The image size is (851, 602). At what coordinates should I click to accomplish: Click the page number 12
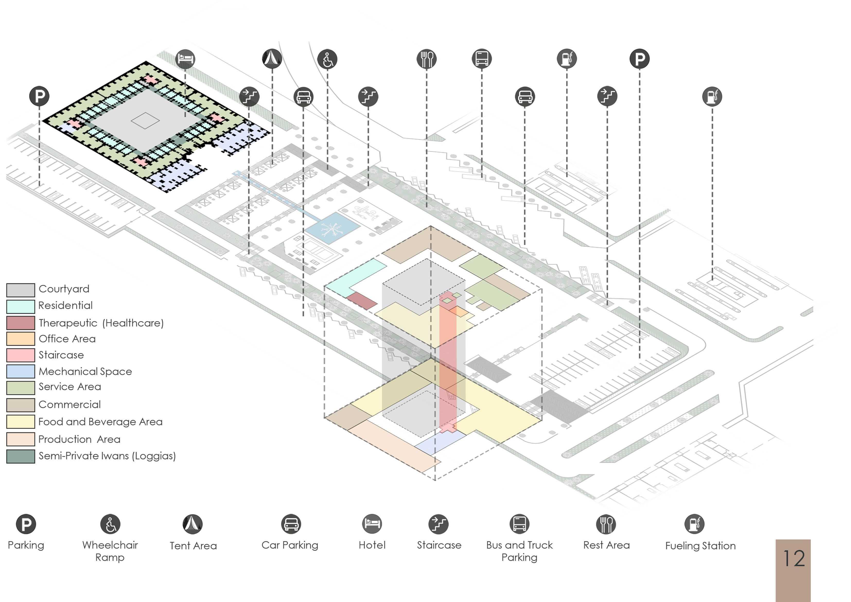tap(794, 558)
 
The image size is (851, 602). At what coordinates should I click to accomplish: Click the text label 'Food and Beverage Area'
tap(100, 422)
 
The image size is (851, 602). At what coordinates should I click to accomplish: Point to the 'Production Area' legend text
tap(79, 439)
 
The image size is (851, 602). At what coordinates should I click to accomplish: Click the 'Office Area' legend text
tap(67, 339)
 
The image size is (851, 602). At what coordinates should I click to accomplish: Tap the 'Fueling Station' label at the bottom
tap(700, 546)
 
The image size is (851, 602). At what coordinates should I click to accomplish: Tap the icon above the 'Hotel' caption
tap(372, 524)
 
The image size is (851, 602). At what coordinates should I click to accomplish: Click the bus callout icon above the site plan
tap(481, 59)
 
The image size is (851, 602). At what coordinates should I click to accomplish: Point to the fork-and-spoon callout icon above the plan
tap(427, 59)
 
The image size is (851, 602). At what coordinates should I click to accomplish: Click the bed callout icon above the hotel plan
tap(185, 59)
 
